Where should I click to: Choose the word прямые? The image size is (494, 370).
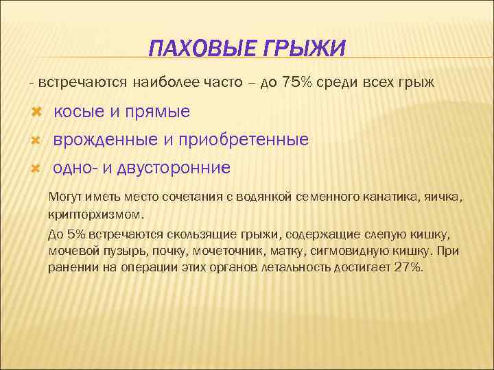pos(158,112)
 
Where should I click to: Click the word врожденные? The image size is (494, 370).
pos(105,140)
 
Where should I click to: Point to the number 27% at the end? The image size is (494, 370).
pos(409,267)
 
